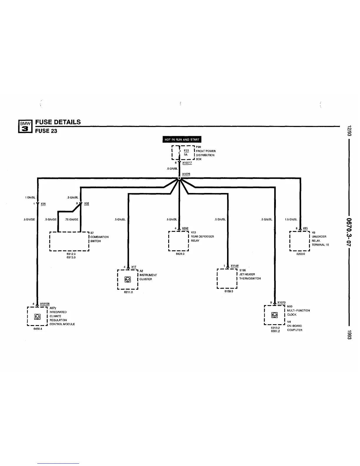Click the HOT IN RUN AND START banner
point(182,139)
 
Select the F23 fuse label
point(186,151)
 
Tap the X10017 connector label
point(187,163)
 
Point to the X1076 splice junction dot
point(179,178)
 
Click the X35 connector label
point(43,204)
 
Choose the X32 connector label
point(86,204)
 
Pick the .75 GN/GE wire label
point(72,219)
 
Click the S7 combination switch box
point(69,241)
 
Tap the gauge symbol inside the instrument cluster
point(128,279)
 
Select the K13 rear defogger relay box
point(179,241)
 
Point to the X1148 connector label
point(234,266)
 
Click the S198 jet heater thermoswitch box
point(227,279)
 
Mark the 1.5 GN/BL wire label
point(291,219)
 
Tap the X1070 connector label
point(281,302)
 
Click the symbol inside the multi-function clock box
point(274,315)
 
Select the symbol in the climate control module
point(37,317)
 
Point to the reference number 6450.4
point(38,329)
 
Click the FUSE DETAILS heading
point(58,122)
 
